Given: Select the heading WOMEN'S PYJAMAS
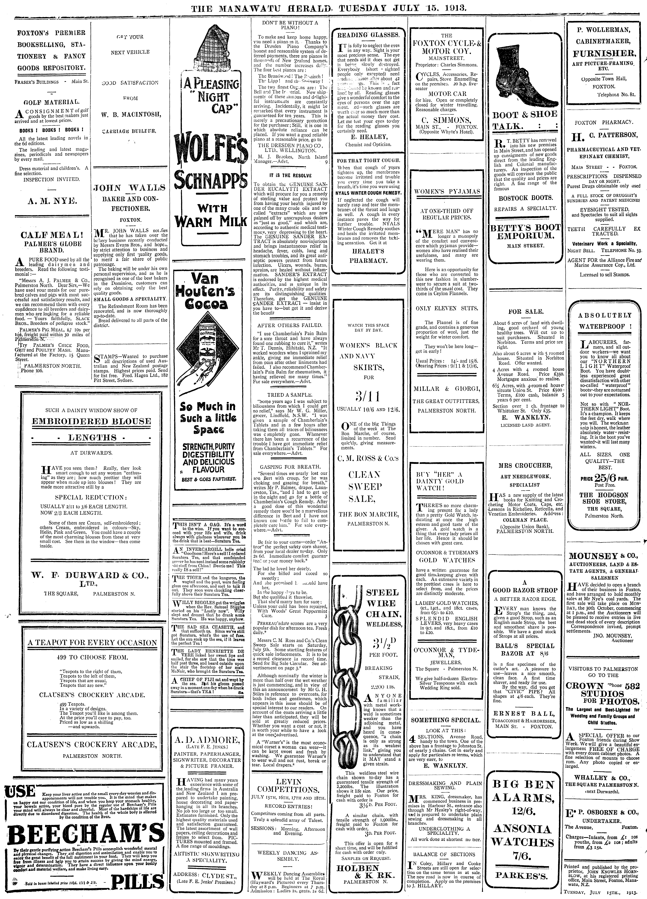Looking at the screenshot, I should point(447,191).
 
